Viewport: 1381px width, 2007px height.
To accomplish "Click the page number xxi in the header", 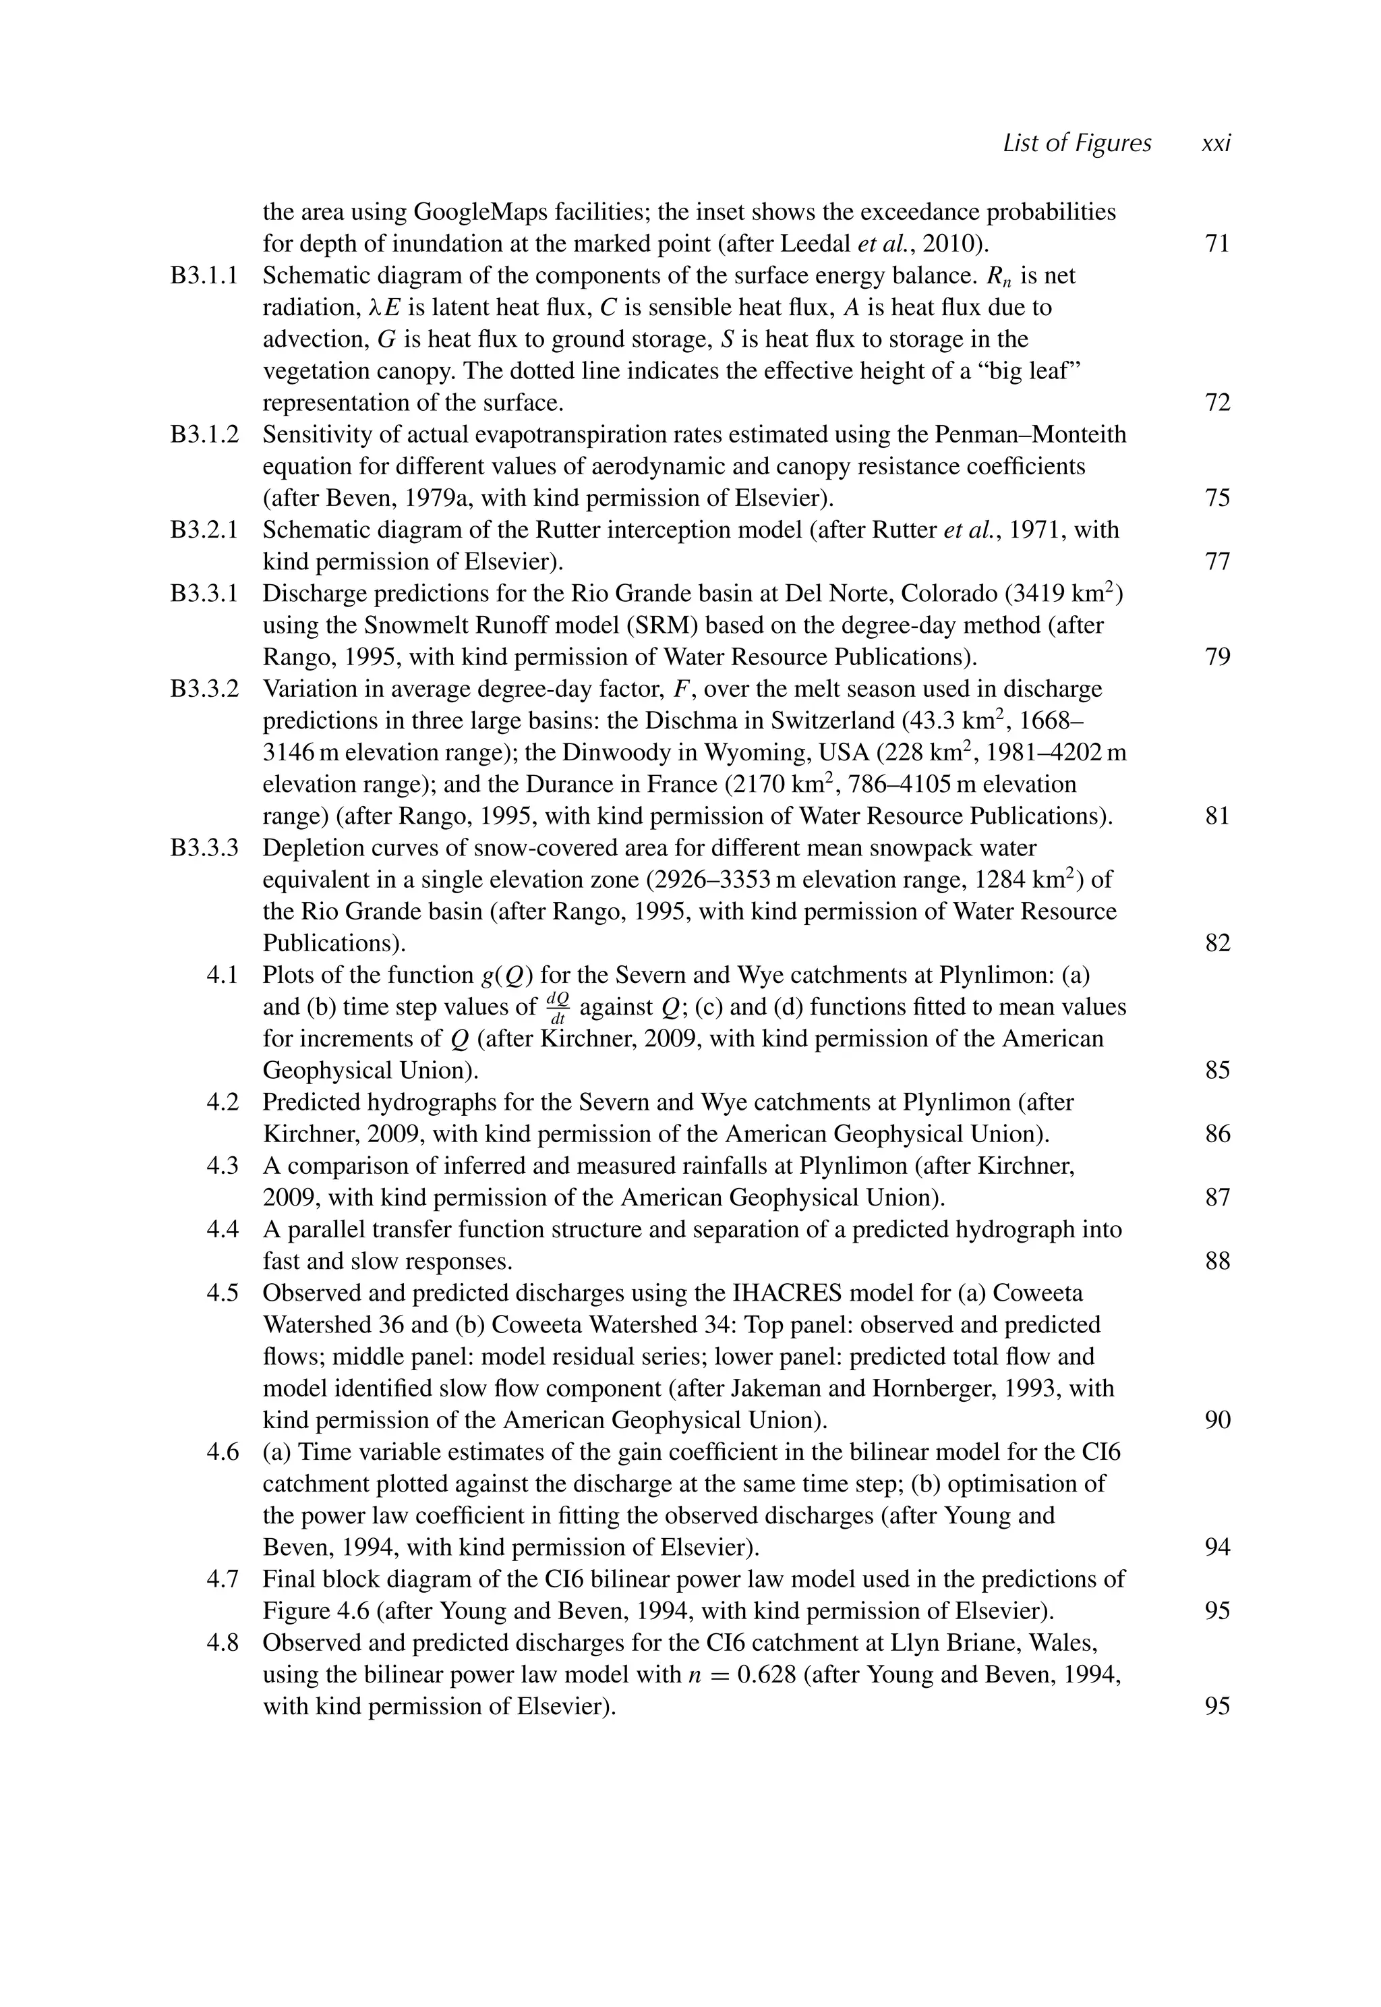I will pyautogui.click(x=1216, y=144).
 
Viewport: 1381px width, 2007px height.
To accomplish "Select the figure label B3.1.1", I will pyautogui.click(x=204, y=276).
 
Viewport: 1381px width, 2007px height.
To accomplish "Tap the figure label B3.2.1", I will pyautogui.click(x=204, y=530).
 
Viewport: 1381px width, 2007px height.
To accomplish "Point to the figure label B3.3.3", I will pyautogui.click(x=204, y=847).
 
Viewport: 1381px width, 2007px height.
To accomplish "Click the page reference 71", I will pyautogui.click(x=1216, y=244).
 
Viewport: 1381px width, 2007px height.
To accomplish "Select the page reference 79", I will pyautogui.click(x=1216, y=657).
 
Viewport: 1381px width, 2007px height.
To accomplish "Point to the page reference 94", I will pyautogui.click(x=1216, y=1547).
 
